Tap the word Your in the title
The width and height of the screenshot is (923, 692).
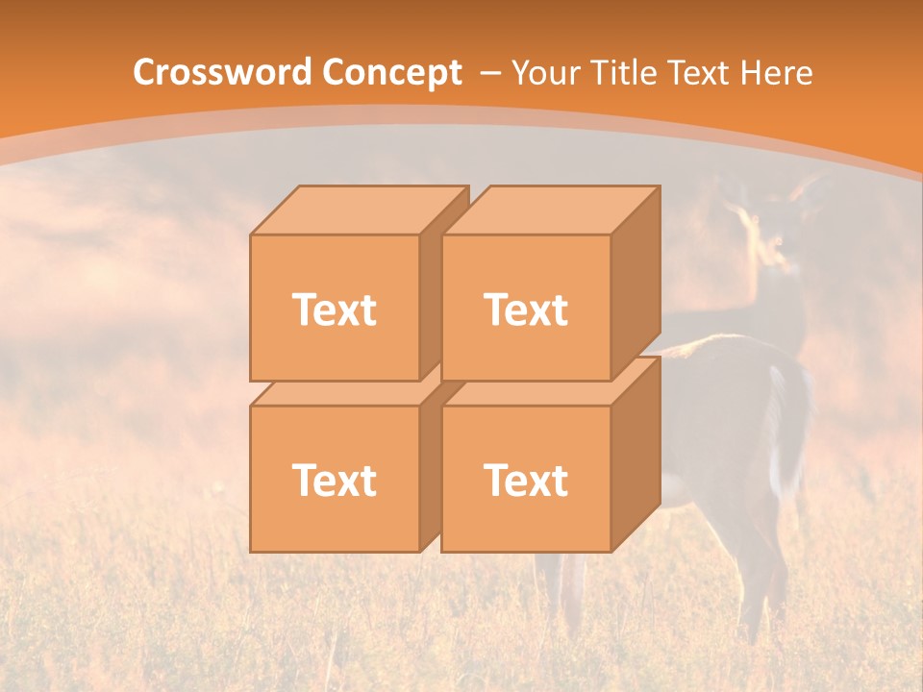[x=543, y=73]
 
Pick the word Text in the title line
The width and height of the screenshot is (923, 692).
[x=707, y=73]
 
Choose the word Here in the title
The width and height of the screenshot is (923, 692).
[x=779, y=73]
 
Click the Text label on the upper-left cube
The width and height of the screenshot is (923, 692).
[x=335, y=309]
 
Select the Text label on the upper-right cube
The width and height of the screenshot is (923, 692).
[x=526, y=309]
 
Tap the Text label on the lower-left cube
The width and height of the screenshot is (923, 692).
[x=335, y=480]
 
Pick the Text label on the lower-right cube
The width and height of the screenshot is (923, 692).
[x=526, y=480]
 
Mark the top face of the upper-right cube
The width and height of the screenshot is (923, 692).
[x=550, y=210]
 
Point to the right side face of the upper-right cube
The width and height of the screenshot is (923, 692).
[x=636, y=283]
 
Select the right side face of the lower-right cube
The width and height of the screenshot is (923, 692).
[x=636, y=454]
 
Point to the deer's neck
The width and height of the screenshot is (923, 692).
[x=775, y=298]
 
